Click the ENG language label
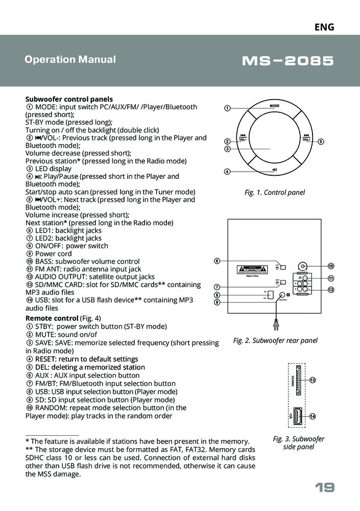324,27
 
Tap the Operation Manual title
70,59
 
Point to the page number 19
324,488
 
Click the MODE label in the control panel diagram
275,105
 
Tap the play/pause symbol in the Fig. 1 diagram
275,170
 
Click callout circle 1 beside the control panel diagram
228,108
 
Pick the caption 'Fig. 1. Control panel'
274,193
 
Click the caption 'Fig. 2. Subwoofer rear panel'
275,340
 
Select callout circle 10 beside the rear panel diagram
331,266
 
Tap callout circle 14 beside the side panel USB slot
313,416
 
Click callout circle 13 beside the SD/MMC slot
313,380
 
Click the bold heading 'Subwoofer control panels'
69,99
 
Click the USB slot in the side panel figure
297,415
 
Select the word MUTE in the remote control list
44,334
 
